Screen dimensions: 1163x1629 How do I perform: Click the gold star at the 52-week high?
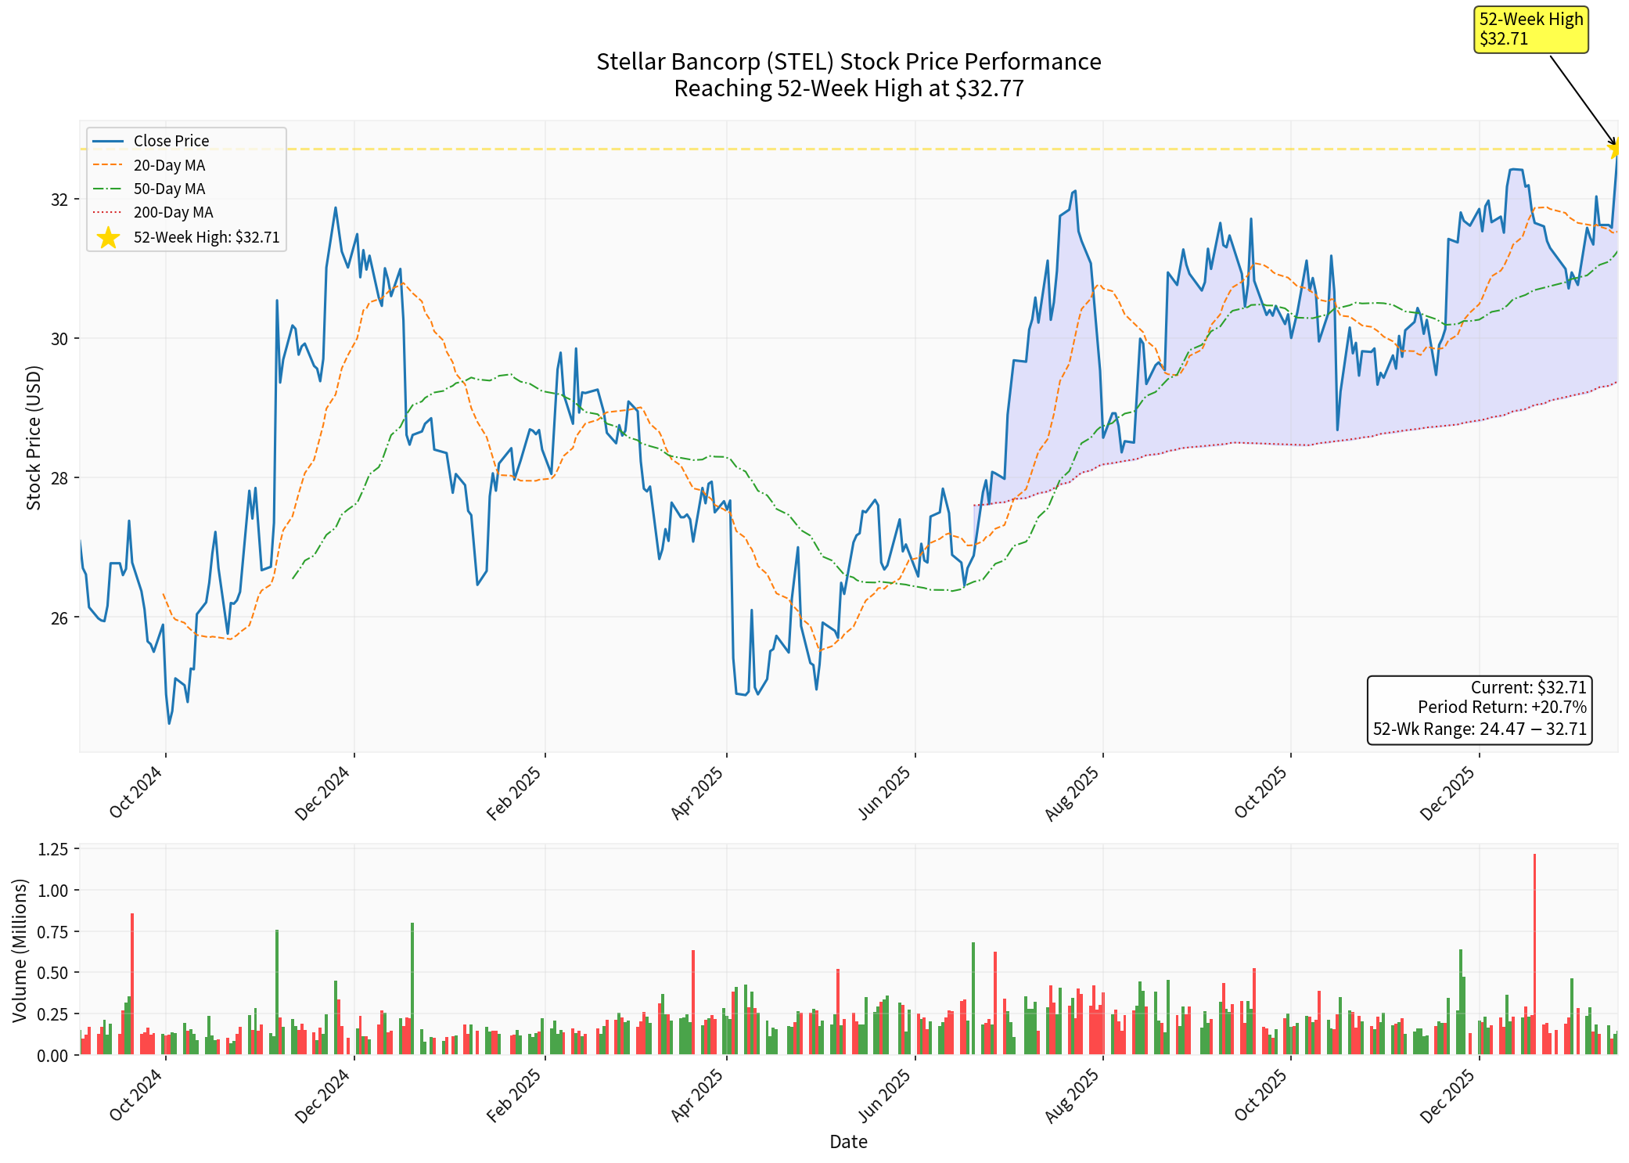(x=1615, y=148)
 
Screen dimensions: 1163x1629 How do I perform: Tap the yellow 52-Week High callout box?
(x=1530, y=30)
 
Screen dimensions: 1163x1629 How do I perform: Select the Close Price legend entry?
(x=171, y=141)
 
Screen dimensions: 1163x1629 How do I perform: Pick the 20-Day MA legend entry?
(x=169, y=165)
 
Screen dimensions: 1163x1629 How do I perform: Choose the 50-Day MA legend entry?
(x=169, y=189)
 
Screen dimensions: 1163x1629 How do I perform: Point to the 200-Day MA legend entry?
(x=173, y=212)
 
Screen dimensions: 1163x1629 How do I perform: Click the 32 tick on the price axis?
(x=59, y=200)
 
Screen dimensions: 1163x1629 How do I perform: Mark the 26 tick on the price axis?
(x=59, y=618)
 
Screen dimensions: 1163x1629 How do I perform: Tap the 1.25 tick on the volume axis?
(x=53, y=849)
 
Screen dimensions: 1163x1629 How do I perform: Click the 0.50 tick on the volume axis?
(x=53, y=973)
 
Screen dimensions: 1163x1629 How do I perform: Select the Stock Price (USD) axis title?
(x=34, y=438)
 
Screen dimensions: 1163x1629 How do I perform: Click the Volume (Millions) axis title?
(x=20, y=950)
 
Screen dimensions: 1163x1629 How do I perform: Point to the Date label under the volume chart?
(x=848, y=1142)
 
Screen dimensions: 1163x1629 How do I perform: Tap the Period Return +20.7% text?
(x=1501, y=708)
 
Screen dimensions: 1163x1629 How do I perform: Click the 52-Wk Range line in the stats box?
(x=1480, y=729)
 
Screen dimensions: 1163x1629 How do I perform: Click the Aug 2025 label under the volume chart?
(x=1072, y=1096)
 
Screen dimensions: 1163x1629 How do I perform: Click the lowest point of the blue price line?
(x=169, y=723)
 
